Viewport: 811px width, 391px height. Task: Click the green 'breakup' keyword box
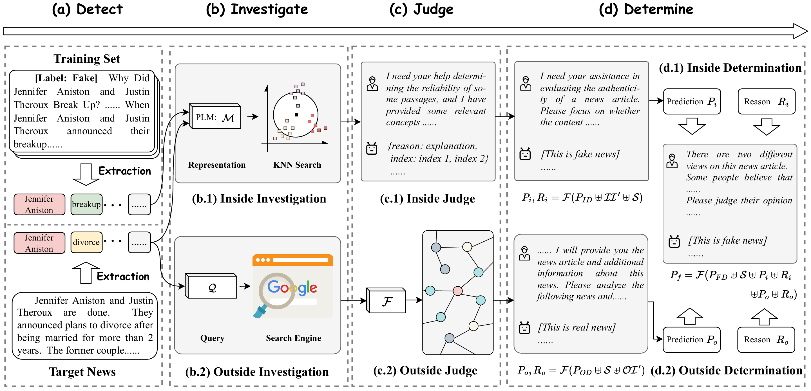click(86, 205)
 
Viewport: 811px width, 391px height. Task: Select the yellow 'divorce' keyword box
click(86, 242)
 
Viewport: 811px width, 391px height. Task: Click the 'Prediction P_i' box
click(692, 102)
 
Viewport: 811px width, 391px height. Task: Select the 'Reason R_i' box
click(766, 102)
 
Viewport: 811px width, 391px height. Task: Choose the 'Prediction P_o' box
click(691, 340)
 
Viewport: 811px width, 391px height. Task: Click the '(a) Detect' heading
click(87, 10)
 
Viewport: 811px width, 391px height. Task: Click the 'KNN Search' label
click(297, 165)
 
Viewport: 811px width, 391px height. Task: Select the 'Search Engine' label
click(293, 338)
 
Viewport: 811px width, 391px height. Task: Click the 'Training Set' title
click(87, 59)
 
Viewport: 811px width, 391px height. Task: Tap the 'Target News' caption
click(82, 372)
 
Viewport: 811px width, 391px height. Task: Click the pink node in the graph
click(457, 291)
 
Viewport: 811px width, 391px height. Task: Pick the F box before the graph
click(387, 301)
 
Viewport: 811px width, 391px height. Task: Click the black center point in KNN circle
click(296, 115)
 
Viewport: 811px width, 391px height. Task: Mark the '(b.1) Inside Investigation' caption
click(259, 199)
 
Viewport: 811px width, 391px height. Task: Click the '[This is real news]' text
click(577, 327)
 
